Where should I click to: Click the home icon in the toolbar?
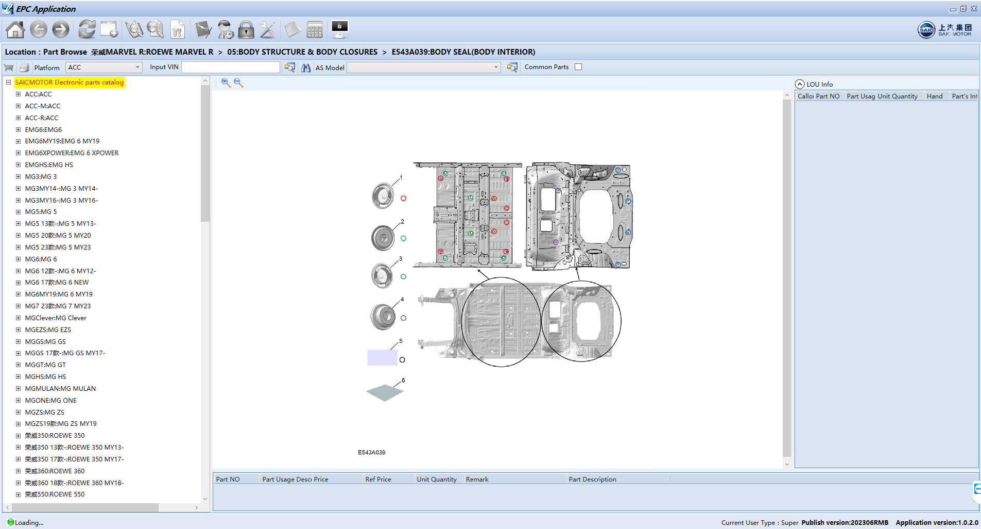tap(15, 30)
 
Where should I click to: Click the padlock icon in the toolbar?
tap(246, 30)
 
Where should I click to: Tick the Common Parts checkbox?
tap(578, 67)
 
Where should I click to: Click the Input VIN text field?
tap(230, 68)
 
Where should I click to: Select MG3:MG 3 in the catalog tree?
tap(41, 177)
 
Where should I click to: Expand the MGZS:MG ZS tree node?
tap(18, 412)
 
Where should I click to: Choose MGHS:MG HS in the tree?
tap(45, 377)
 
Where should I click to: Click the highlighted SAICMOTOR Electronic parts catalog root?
tap(69, 82)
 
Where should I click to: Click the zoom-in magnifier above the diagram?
tap(226, 82)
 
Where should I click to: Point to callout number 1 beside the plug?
tap(401, 177)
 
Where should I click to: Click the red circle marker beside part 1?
tap(403, 199)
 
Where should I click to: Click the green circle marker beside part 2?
tap(403, 238)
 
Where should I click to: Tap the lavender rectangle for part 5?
tap(382, 357)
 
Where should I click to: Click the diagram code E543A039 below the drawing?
tap(371, 453)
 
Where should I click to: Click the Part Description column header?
tap(592, 480)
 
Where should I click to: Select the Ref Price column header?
tap(378, 480)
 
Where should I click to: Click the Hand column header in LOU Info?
tap(934, 96)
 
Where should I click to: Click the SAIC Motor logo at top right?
tap(944, 30)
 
